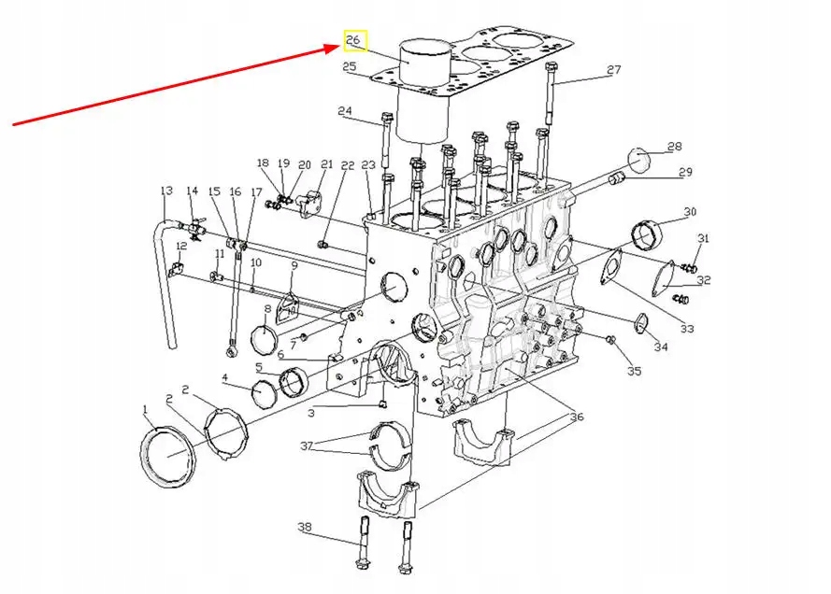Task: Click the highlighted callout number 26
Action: (354, 41)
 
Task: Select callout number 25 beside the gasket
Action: (350, 66)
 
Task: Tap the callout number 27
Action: (613, 71)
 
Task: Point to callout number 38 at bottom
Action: (305, 528)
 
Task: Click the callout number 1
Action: (146, 409)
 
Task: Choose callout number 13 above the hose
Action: (166, 191)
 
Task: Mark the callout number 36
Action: (576, 417)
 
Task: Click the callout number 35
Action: (635, 372)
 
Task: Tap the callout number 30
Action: (690, 212)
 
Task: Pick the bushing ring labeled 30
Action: (647, 234)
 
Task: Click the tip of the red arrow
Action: (339, 44)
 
